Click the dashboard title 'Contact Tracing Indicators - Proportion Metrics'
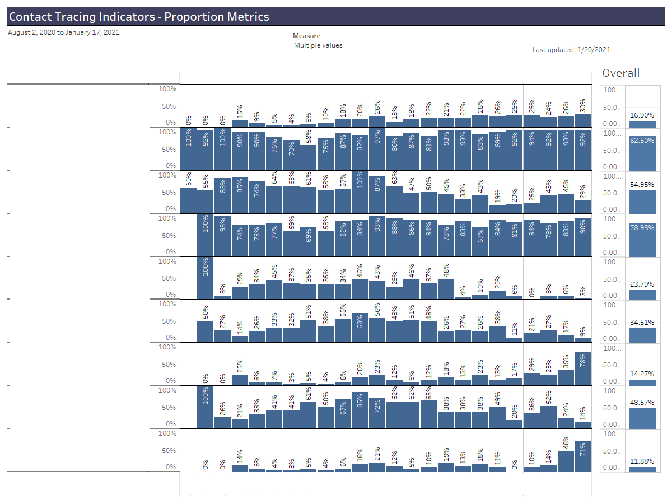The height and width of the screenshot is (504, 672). (139, 17)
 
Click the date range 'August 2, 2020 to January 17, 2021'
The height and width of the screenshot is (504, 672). (64, 32)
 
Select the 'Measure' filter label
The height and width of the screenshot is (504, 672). (306, 36)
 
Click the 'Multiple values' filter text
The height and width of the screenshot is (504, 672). (318, 45)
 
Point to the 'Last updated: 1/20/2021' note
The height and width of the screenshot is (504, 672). (571, 50)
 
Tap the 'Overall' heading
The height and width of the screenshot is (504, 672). (620, 73)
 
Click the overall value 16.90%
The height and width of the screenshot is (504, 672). (642, 115)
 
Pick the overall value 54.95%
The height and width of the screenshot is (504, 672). (642, 184)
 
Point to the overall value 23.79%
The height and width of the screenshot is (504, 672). (642, 284)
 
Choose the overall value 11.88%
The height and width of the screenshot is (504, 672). (642, 461)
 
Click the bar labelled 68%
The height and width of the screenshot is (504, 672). (360, 328)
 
